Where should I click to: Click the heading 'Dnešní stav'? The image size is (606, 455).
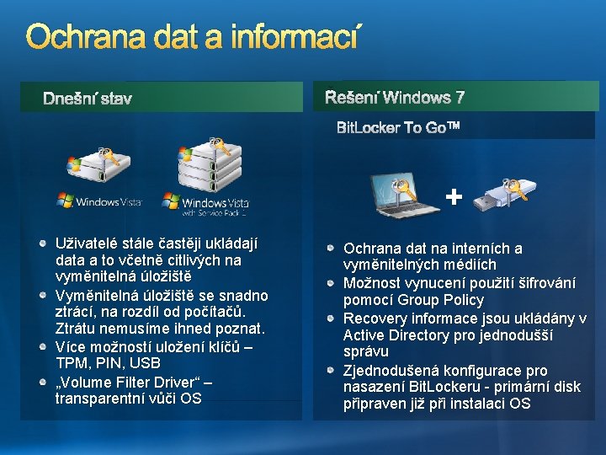tap(88, 99)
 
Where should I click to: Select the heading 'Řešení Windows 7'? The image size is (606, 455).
tap(395, 98)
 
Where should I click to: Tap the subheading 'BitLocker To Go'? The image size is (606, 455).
tap(398, 128)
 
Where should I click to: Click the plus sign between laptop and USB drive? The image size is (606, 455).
tap(454, 197)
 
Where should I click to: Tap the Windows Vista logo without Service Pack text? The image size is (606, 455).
tap(99, 201)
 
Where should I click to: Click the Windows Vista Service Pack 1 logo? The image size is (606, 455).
tap(206, 204)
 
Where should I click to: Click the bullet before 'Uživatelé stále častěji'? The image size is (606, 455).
tap(44, 243)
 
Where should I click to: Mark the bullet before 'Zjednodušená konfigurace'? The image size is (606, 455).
tap(333, 371)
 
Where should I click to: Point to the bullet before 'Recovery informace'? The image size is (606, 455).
tap(333, 318)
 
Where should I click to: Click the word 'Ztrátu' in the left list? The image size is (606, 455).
tap(77, 328)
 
